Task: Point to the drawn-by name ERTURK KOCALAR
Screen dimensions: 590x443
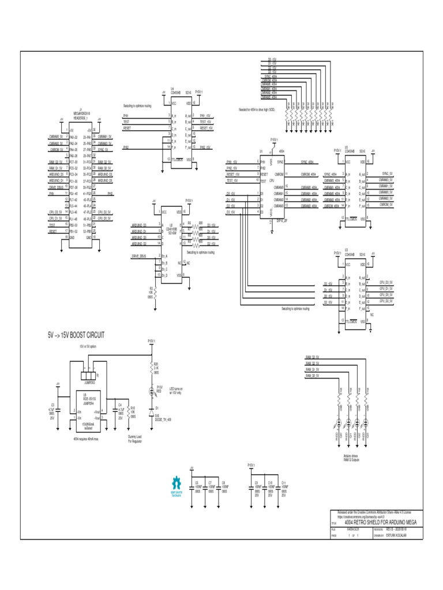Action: point(397,535)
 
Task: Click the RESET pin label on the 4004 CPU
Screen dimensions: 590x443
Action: point(264,174)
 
